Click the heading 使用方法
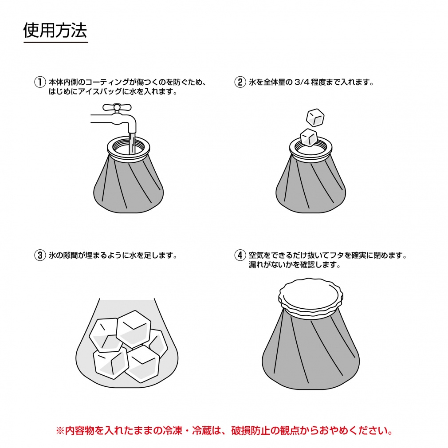pos(55,30)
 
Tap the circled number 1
pos(40,83)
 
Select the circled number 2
pos(240,83)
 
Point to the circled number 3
pos(40,255)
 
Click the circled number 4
pos(240,255)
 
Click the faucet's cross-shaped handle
pos(117,108)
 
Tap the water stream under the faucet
pos(132,143)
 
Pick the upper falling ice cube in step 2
pos(315,117)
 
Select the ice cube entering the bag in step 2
pos(309,138)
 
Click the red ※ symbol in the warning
pos(60,431)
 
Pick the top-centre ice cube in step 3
pos(134,329)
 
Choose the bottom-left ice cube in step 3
pos(111,362)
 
